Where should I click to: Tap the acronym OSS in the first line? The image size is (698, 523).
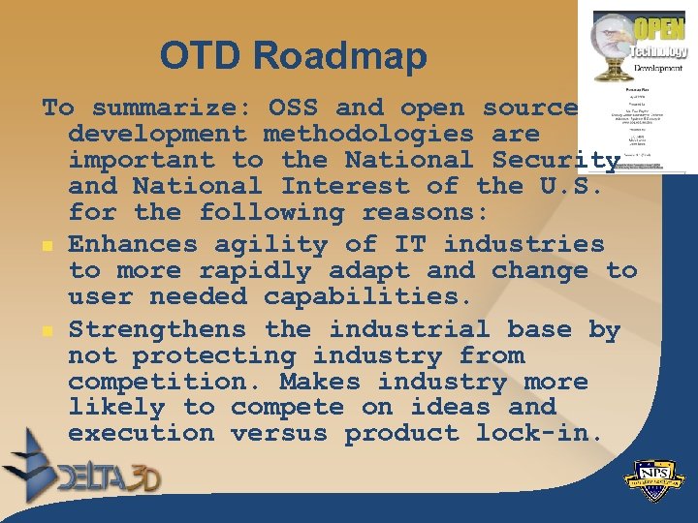point(301,108)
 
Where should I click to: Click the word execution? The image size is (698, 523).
point(141,434)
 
